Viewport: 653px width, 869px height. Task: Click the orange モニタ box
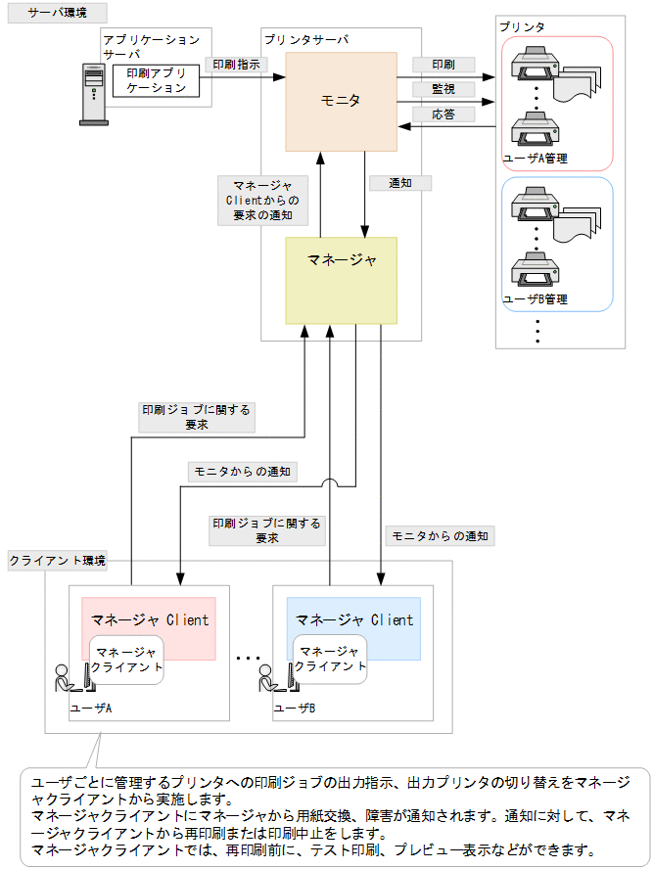[341, 101]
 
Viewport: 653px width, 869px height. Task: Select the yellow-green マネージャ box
[341, 280]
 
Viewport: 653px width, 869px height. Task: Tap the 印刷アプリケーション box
[156, 81]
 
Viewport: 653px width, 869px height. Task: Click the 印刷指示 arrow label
[236, 66]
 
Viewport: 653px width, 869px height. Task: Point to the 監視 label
[443, 89]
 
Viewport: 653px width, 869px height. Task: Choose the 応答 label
[443, 114]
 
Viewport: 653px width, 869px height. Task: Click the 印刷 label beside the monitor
[443, 65]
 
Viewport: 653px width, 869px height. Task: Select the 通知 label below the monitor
[400, 182]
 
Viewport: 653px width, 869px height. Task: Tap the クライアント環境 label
[57, 561]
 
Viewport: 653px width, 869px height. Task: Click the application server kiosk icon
[93, 94]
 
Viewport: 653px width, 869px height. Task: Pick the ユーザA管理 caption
[535, 158]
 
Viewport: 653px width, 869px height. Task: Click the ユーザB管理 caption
[535, 299]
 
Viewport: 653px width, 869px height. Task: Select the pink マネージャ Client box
[150, 619]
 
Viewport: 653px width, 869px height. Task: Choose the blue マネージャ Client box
[354, 619]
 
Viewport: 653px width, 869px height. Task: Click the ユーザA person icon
[69, 679]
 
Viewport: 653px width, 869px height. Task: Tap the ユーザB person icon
[271, 679]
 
